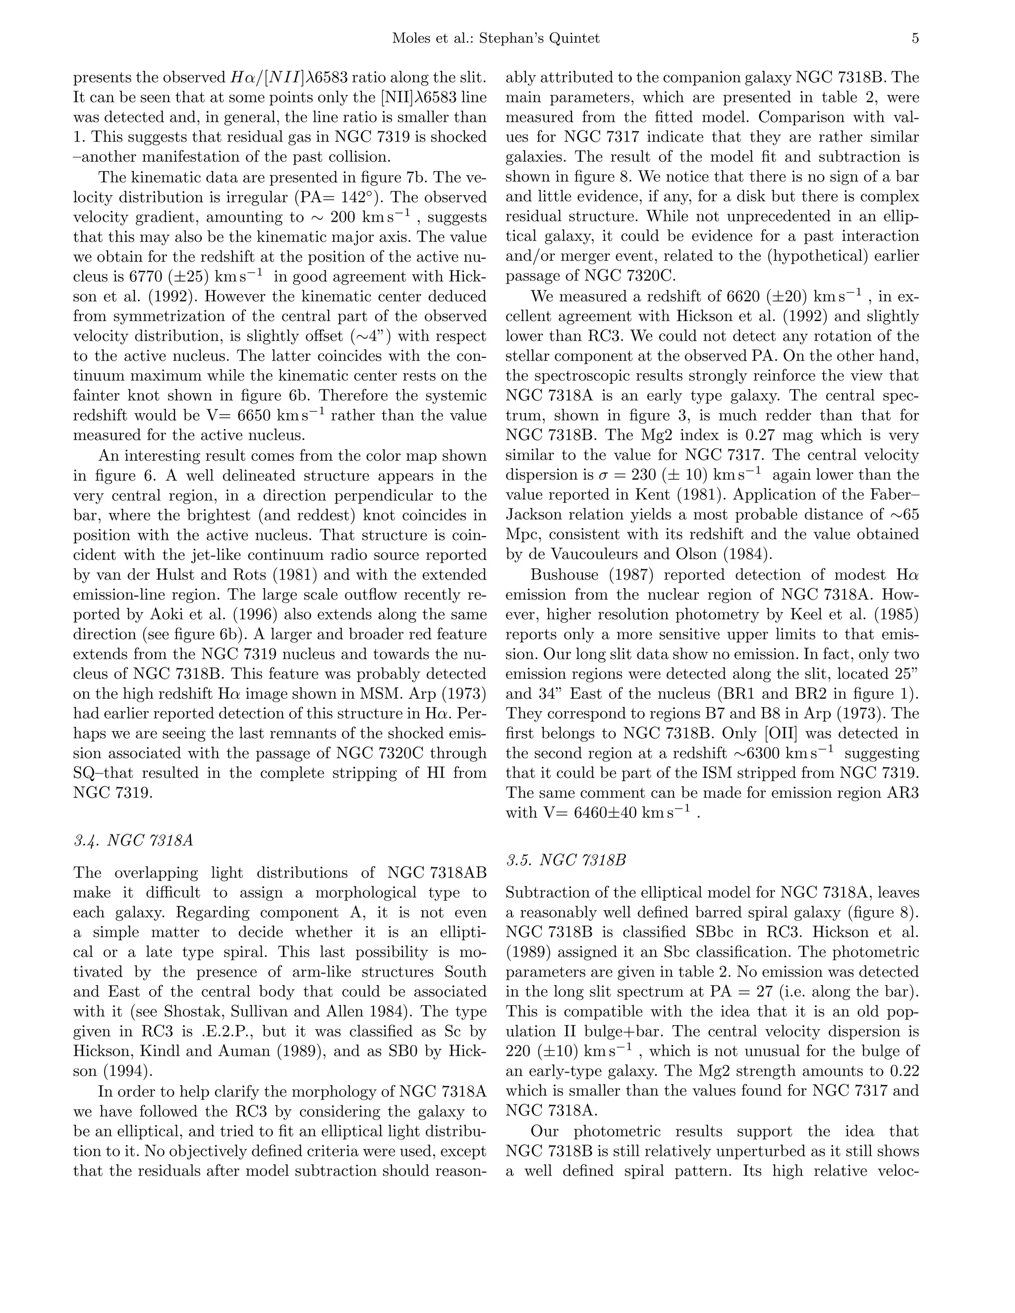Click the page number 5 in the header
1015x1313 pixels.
[914, 39]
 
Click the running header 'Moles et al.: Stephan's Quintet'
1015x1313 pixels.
[496, 39]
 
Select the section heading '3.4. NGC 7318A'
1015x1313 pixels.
[133, 840]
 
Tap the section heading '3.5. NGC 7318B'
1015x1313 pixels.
[566, 860]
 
